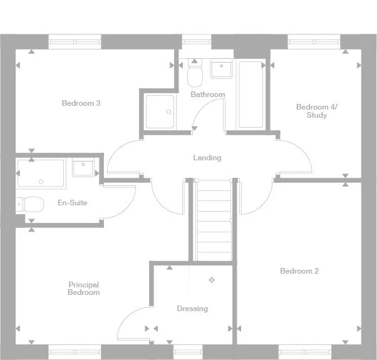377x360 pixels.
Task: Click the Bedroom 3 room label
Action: [x=81, y=103]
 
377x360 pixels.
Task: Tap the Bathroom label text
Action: [x=207, y=95]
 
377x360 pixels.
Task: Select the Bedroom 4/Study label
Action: [x=316, y=111]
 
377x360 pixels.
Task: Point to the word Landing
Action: [x=207, y=158]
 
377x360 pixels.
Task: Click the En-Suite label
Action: [x=72, y=203]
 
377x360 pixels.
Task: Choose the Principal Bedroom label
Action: [x=84, y=289]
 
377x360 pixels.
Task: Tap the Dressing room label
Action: [x=192, y=309]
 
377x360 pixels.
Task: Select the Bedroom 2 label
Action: [x=299, y=271]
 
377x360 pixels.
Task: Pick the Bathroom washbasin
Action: [x=222, y=69]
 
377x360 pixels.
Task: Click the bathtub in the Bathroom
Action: [x=252, y=94]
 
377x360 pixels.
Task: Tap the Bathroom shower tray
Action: [x=160, y=112]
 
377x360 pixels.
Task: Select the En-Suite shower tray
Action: [x=40, y=173]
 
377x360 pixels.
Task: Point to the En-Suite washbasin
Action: [x=83, y=168]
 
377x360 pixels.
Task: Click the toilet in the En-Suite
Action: [x=31, y=204]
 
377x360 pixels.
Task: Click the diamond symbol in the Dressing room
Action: [x=212, y=280]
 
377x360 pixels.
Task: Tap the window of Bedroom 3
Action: [x=75, y=42]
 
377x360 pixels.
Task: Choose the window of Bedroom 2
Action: [x=305, y=351]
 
